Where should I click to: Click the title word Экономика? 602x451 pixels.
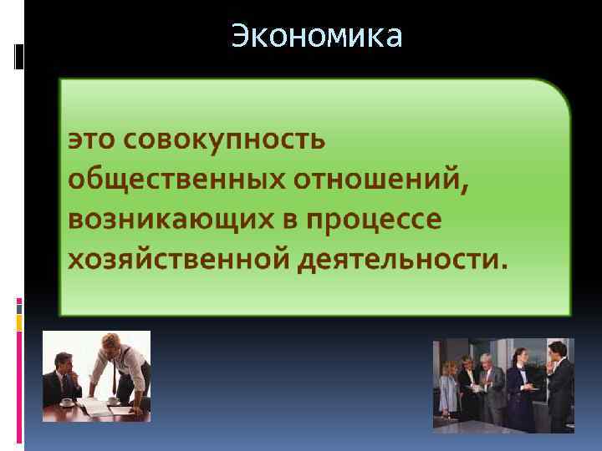317,37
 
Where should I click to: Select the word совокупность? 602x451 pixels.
222,139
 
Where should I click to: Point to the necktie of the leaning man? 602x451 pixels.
116,377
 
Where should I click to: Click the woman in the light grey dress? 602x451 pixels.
449,388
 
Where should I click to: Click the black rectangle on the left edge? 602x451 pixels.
19,57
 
